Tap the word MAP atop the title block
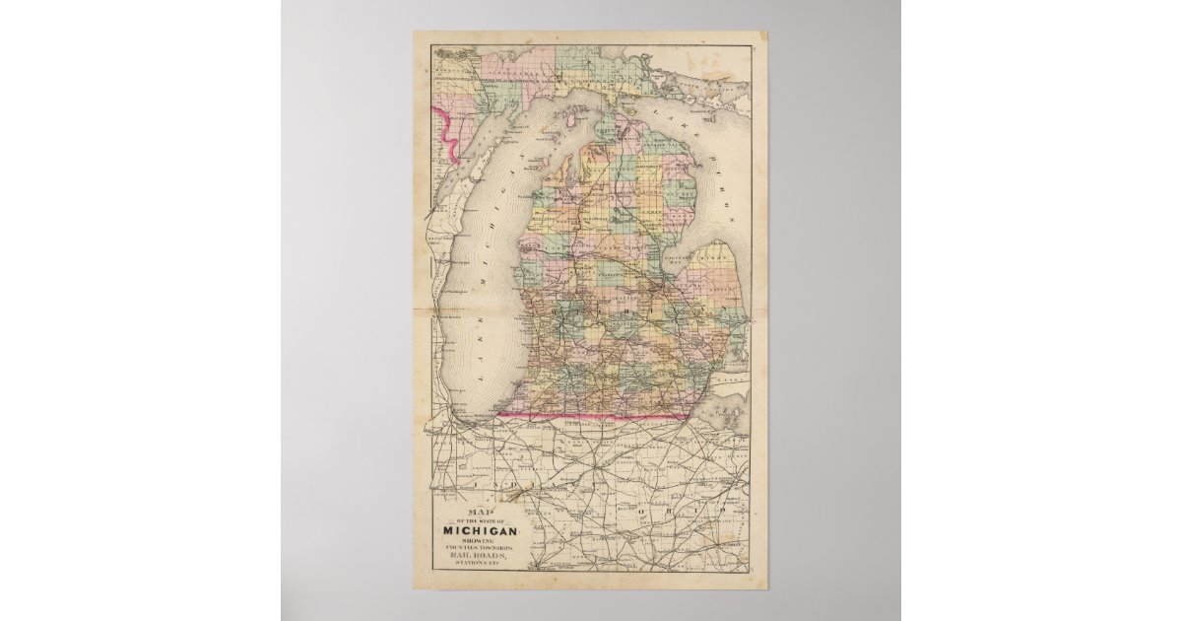(x=483, y=513)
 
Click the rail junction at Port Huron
(x=748, y=321)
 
